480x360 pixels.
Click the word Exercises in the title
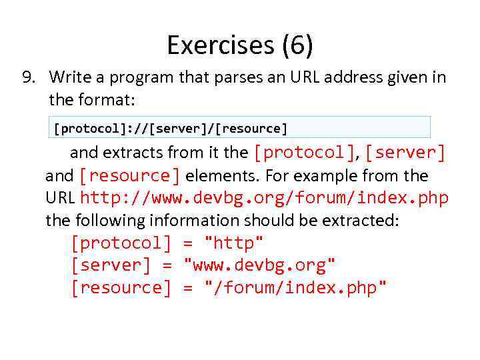(220, 45)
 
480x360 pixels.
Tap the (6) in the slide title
(297, 45)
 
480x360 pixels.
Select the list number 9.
(29, 78)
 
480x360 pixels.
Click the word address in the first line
(345, 78)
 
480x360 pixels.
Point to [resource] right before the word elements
(129, 176)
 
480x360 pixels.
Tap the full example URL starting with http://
(264, 199)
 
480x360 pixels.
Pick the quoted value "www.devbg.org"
(259, 265)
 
